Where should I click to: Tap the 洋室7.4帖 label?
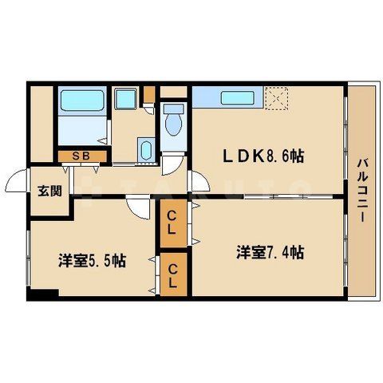[269, 252]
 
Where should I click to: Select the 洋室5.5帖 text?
[91, 260]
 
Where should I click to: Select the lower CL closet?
[172, 274]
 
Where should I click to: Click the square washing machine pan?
[124, 100]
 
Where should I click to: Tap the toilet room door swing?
[173, 164]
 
